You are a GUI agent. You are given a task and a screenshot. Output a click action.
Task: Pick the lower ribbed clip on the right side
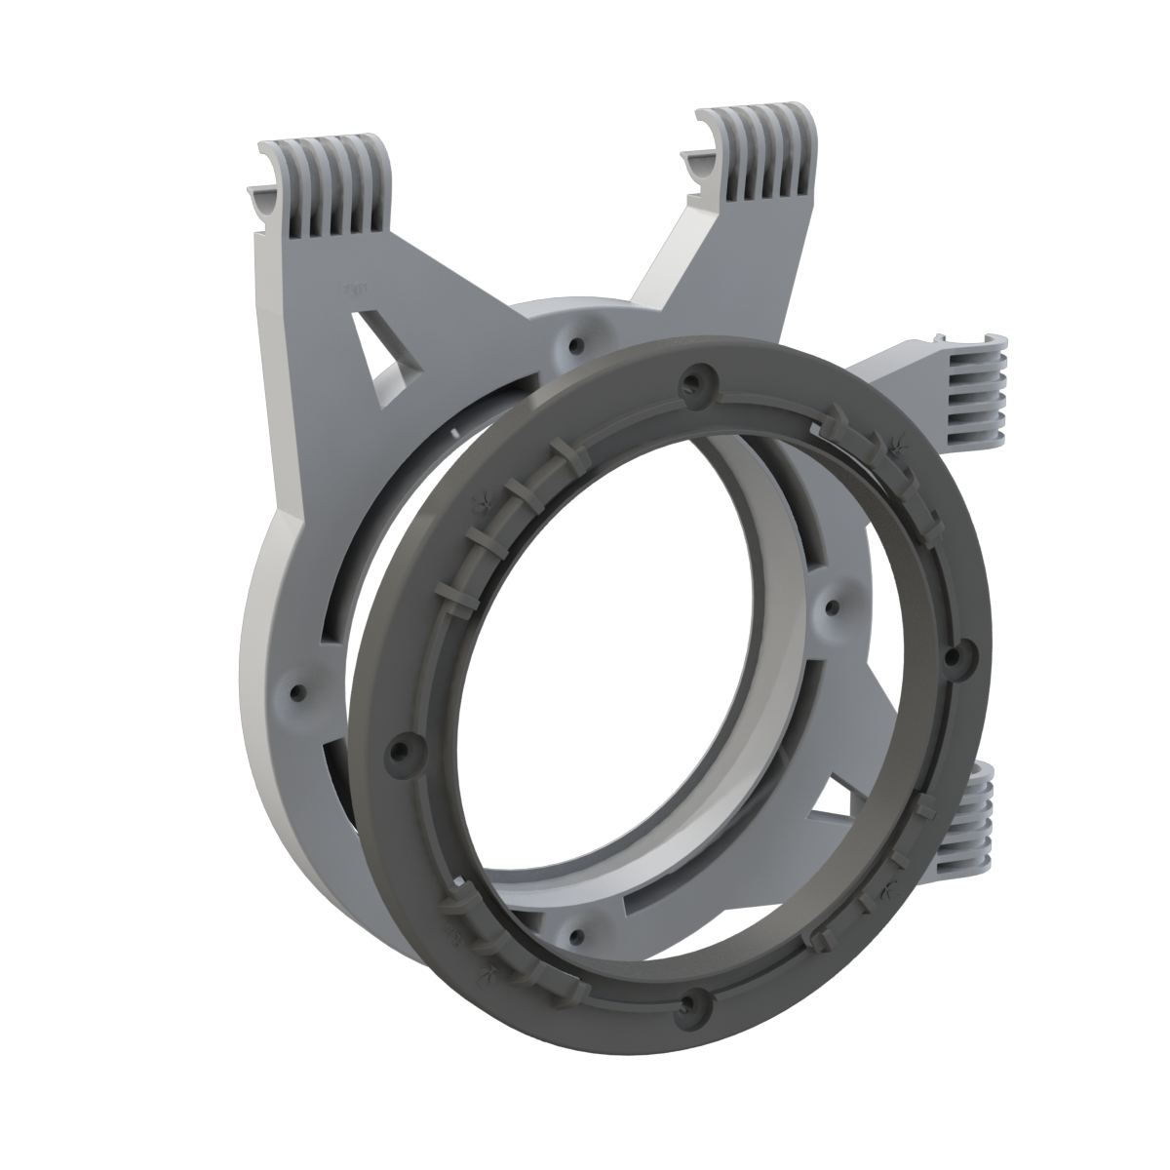click(x=965, y=819)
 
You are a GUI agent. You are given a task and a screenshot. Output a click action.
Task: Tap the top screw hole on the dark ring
click(x=694, y=379)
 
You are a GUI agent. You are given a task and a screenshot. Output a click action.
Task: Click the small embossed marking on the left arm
click(x=353, y=290)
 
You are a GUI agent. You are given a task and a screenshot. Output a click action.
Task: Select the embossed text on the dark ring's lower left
click(x=451, y=937)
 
